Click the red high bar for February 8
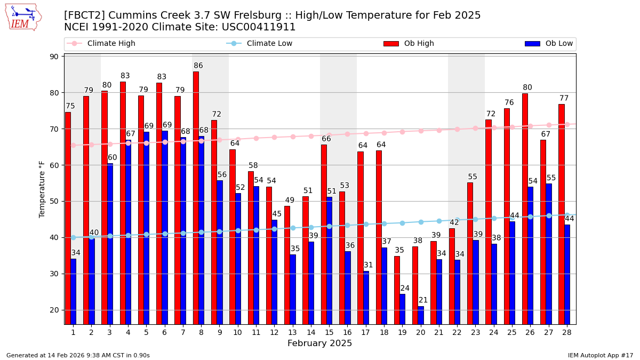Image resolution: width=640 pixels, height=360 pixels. point(196,197)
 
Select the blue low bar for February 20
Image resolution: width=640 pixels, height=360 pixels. point(421,315)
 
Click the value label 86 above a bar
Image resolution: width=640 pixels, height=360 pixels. point(198,66)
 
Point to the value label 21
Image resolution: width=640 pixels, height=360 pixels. point(423,300)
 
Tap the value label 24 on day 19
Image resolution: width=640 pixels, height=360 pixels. point(405,289)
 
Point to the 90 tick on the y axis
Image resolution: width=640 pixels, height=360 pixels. point(55,57)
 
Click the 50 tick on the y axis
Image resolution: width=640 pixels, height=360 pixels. point(55,202)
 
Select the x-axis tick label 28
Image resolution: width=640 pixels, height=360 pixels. point(566,332)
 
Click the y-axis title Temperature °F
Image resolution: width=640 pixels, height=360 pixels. point(42,189)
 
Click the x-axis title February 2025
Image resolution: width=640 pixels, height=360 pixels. point(319,343)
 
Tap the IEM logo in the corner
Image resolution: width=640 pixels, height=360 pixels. point(23,17)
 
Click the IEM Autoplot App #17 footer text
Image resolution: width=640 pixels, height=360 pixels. point(601,355)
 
